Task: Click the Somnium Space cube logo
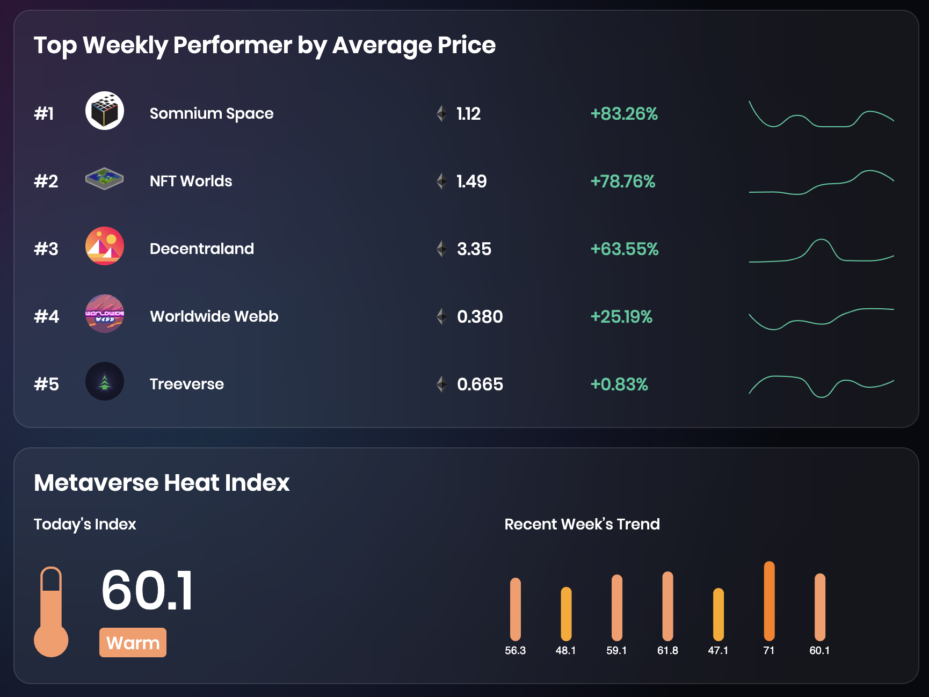(x=105, y=111)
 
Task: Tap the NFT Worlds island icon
(x=105, y=179)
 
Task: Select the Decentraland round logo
(x=105, y=246)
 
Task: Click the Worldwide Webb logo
(x=105, y=314)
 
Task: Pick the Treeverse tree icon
(x=105, y=381)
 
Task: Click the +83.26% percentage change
(x=624, y=114)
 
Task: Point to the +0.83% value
(x=619, y=384)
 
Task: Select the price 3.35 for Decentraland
(x=474, y=249)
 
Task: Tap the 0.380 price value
(x=480, y=317)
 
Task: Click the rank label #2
(x=46, y=181)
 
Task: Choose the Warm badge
(x=133, y=642)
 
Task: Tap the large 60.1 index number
(x=147, y=591)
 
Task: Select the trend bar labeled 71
(x=769, y=601)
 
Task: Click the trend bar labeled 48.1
(x=566, y=614)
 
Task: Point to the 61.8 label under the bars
(x=667, y=650)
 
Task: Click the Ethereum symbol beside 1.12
(x=441, y=113)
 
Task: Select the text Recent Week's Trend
(x=582, y=524)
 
